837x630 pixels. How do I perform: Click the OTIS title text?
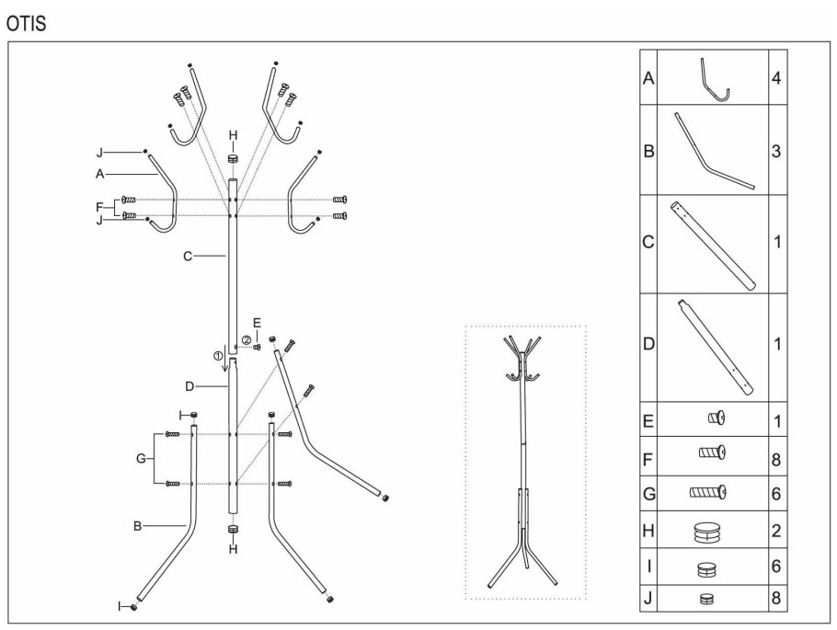coord(26,24)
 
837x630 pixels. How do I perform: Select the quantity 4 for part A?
coord(776,78)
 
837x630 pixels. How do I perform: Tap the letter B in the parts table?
coord(648,151)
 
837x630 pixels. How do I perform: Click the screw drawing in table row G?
coord(708,492)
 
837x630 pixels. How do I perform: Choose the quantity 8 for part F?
coord(776,459)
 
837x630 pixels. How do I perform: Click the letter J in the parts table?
coord(648,598)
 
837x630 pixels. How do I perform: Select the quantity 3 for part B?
coord(776,151)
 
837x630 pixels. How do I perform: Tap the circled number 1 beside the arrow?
coord(217,355)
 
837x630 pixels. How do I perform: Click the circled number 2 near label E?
coord(247,340)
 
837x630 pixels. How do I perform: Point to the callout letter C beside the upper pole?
coord(188,257)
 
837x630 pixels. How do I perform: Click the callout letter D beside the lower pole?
coord(189,386)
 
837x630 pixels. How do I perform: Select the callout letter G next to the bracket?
coord(141,458)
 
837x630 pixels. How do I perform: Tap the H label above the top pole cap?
coord(233,135)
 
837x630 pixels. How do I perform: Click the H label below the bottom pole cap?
coord(233,549)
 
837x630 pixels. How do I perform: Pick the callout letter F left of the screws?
coord(99,207)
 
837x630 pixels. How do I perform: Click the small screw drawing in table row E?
coord(717,418)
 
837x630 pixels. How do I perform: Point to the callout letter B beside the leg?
coord(137,526)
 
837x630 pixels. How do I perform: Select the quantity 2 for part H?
coord(776,531)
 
